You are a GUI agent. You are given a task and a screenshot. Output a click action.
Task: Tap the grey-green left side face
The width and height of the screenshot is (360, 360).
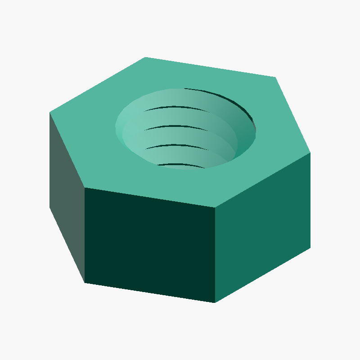point(67,193)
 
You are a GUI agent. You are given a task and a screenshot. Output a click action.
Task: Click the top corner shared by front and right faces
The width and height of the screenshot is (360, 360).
point(215,208)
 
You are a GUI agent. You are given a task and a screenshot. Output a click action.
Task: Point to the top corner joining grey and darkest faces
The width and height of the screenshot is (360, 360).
point(85,188)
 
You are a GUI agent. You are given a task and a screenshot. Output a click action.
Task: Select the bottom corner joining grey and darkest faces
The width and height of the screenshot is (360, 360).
point(85,283)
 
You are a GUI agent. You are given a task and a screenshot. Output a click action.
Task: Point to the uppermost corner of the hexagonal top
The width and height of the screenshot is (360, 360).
point(145,57)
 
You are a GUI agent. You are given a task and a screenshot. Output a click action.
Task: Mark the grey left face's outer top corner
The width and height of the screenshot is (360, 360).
point(49,112)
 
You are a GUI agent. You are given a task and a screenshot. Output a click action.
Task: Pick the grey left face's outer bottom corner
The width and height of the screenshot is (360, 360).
point(49,207)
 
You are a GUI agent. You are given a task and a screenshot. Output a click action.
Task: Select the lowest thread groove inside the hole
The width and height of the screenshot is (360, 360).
point(180,165)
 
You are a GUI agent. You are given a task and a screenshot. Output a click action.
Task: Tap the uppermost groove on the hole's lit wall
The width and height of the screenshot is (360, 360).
point(175,108)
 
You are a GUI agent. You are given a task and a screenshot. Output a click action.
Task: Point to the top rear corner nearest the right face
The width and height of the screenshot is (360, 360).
point(275,77)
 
